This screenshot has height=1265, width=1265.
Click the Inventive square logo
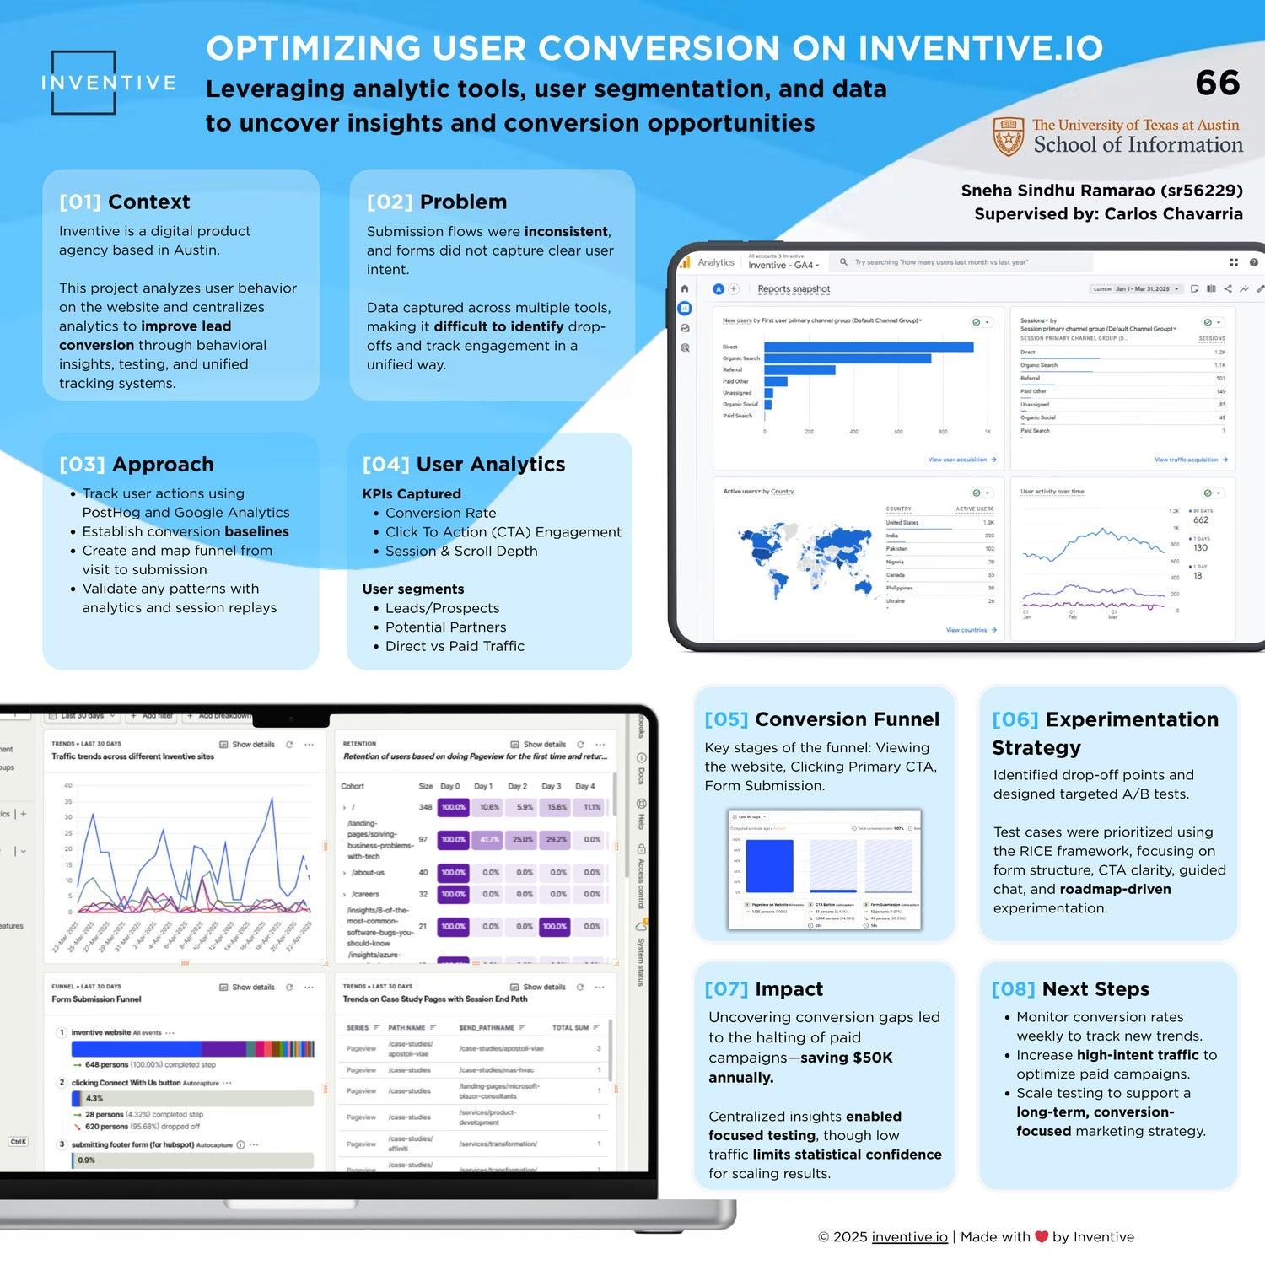coord(83,83)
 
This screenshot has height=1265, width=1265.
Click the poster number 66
coord(1217,83)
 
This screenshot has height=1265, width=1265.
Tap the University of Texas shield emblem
coord(1008,137)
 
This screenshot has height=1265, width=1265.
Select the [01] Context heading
coord(125,202)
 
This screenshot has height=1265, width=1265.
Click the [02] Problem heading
coord(437,202)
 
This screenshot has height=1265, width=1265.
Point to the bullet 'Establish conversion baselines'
coord(186,531)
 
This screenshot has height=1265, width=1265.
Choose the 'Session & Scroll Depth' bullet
coord(461,551)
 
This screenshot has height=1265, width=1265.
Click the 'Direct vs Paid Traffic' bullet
coord(455,646)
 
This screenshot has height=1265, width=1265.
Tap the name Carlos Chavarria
coord(1173,214)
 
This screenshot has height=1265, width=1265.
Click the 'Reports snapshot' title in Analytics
coord(794,289)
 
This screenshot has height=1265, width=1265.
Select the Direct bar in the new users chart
coord(869,347)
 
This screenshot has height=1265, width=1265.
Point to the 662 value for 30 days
coord(1201,520)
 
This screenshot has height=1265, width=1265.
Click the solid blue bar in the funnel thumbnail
coord(770,866)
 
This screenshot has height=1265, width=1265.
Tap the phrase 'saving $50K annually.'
coord(800,1068)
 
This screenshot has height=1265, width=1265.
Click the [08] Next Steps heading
coord(1070,989)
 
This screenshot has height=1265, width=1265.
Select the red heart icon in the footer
coord(1042,1237)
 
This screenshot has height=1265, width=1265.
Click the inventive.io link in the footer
coord(909,1237)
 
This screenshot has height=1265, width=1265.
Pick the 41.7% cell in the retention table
coord(489,840)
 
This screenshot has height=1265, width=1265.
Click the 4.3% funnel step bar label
coord(94,1098)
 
